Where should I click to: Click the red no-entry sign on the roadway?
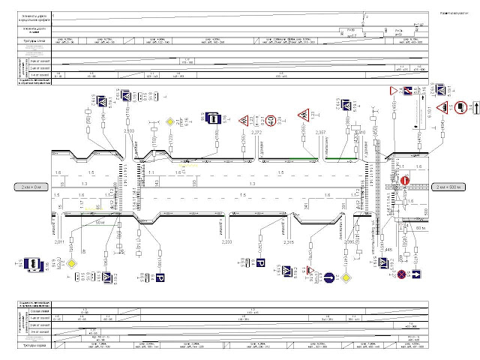pyautogui.click(x=403, y=181)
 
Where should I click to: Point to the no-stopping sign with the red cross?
pyautogui.click(x=402, y=275)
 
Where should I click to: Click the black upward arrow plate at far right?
pyautogui.click(x=472, y=109)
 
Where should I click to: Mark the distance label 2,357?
pyautogui.click(x=320, y=133)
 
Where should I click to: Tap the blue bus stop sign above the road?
pyautogui.click(x=214, y=118)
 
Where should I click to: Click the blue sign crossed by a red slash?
pyautogui.click(x=406, y=92)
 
